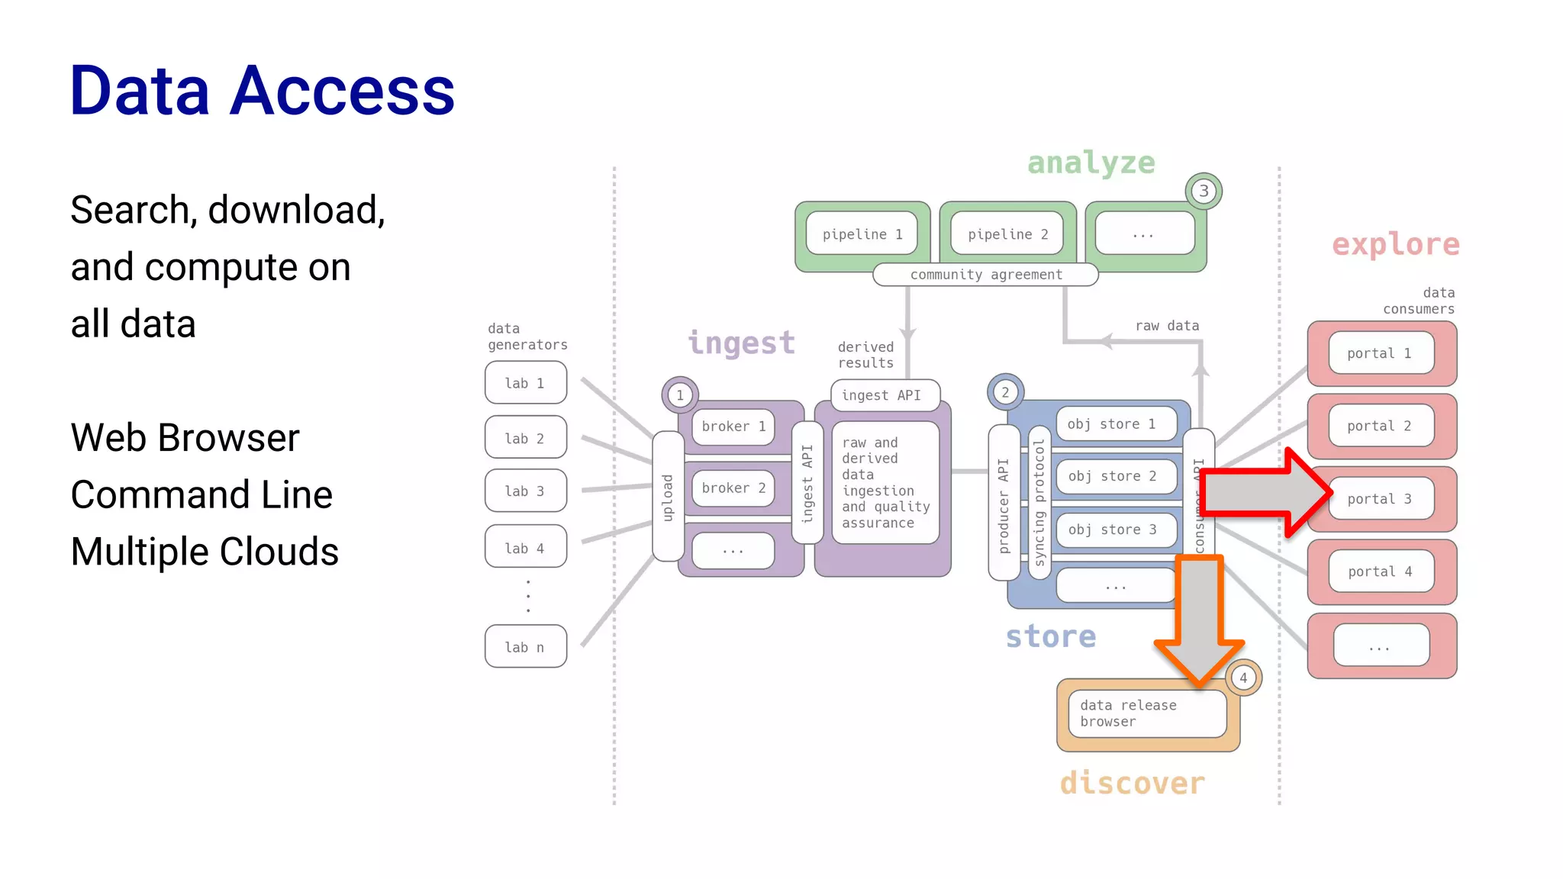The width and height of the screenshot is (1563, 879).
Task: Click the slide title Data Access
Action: (x=262, y=91)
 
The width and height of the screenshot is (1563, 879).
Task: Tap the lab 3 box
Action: (x=525, y=491)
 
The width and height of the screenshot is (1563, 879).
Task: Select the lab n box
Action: (x=525, y=646)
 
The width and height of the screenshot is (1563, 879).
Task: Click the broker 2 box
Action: (x=733, y=488)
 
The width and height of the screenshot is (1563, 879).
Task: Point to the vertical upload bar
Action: (x=668, y=497)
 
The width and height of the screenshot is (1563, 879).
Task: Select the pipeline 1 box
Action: (x=862, y=234)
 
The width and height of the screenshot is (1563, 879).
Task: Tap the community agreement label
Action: (x=985, y=275)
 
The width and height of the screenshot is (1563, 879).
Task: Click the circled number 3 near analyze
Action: (x=1204, y=191)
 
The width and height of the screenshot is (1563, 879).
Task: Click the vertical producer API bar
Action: (x=1004, y=504)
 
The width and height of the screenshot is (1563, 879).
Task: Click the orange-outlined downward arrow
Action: (x=1200, y=618)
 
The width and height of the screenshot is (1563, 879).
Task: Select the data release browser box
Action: (x=1146, y=713)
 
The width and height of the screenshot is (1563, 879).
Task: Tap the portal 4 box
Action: (x=1381, y=572)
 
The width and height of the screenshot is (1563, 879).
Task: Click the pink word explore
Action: (x=1395, y=245)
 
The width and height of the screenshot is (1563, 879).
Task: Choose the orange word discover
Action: (x=1132, y=783)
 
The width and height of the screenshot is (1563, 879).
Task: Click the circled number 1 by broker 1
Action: (x=680, y=395)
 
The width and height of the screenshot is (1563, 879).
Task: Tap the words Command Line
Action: (x=201, y=494)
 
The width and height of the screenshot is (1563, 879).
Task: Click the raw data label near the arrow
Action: (x=1167, y=326)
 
